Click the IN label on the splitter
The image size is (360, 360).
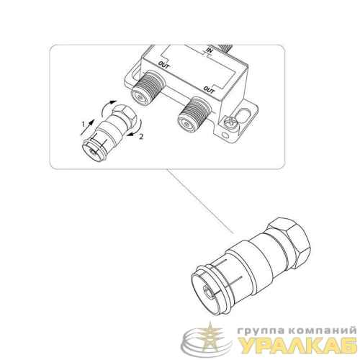point(210,50)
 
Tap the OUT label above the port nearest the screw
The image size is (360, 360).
point(209,90)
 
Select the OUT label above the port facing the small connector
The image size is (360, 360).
point(163,65)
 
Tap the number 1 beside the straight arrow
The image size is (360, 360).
point(84,124)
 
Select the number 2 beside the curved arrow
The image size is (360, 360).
point(141,137)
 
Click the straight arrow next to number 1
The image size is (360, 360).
point(87,127)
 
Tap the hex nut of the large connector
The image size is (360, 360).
point(289,239)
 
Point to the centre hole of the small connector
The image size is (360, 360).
point(92,151)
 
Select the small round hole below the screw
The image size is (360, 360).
point(225,135)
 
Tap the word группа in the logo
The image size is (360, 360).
point(261,331)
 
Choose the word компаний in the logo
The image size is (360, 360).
point(323,330)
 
